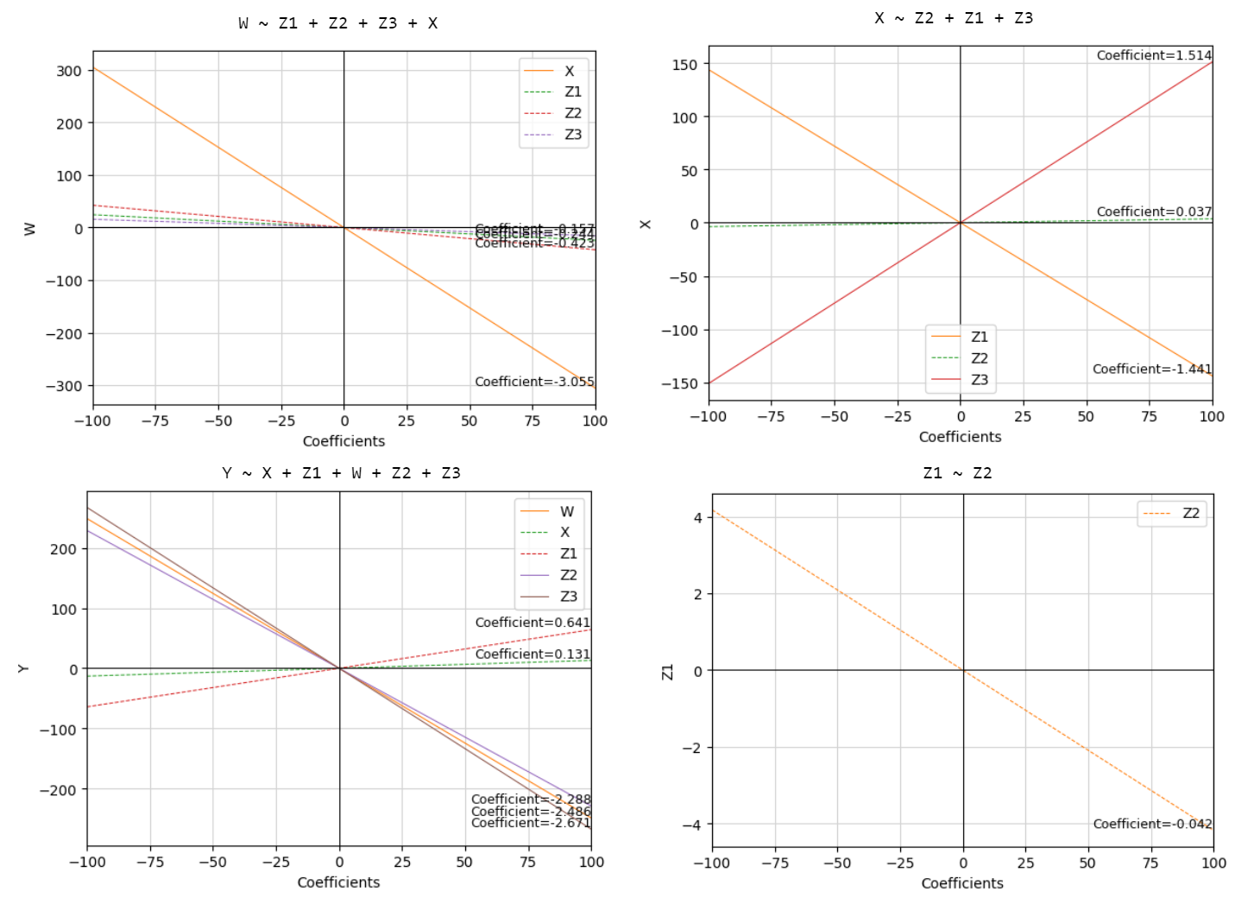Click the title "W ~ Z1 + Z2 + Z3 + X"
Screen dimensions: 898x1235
point(337,23)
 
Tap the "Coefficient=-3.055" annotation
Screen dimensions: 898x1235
point(534,382)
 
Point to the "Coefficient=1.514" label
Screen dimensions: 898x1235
point(1154,55)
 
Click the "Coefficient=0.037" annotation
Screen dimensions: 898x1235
point(1154,212)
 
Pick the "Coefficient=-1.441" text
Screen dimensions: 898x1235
point(1151,369)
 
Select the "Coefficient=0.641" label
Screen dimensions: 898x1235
point(532,623)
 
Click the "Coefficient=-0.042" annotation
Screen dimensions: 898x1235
point(1152,824)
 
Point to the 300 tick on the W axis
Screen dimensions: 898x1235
point(69,71)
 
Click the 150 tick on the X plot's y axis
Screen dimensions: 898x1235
point(684,65)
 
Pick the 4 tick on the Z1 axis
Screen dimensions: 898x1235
point(698,517)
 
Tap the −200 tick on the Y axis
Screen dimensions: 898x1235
point(58,789)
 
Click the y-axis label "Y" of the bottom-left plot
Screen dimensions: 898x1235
point(23,668)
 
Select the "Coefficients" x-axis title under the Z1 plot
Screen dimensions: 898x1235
point(961,883)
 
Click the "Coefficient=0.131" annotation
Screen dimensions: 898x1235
point(532,655)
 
